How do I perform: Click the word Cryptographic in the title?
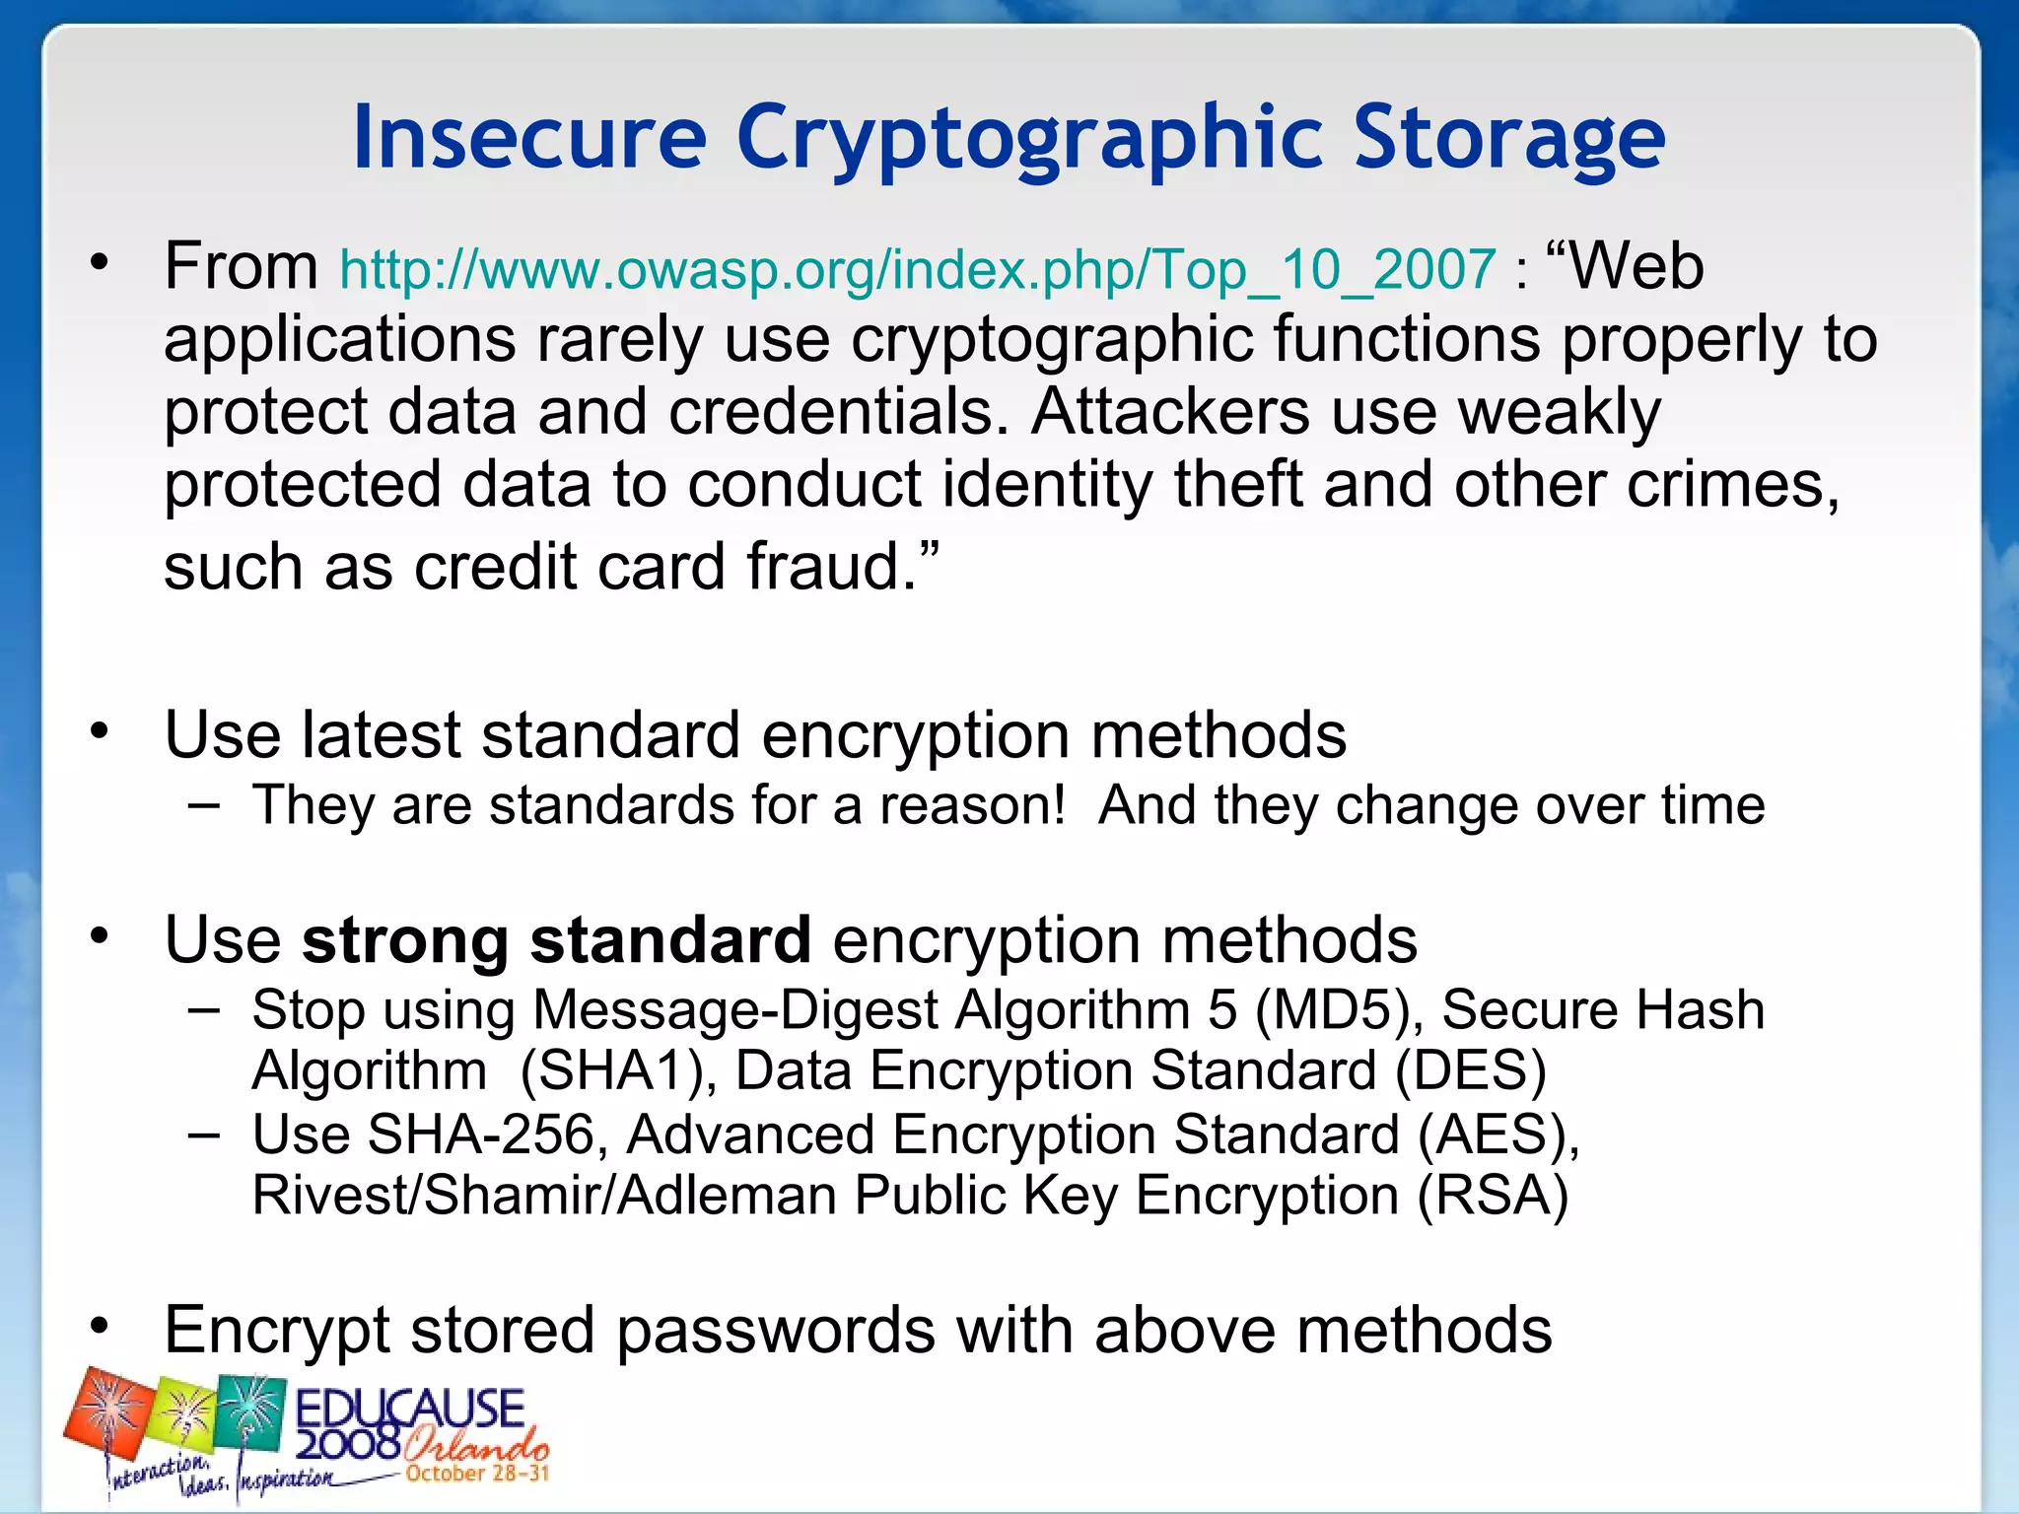pos(1031,138)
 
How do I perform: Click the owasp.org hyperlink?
pos(918,269)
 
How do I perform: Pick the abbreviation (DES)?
pos(1470,1070)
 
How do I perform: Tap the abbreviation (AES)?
pos(1497,1135)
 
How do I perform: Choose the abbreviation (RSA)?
pos(1493,1196)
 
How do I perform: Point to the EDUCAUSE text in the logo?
pos(410,1408)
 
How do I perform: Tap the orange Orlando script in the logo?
pos(475,1447)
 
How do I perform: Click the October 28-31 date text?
pos(477,1474)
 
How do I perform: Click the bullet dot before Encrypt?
pos(99,1326)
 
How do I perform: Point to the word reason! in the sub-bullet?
pos(972,805)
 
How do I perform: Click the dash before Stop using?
pos(203,1008)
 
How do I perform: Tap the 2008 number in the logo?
pos(347,1445)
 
